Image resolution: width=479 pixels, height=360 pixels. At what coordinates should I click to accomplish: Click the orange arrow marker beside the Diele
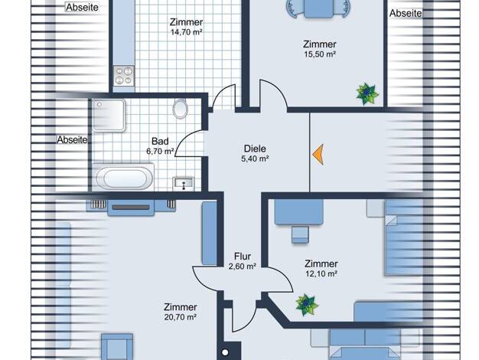[318, 155]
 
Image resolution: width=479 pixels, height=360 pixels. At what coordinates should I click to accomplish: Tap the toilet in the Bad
[181, 108]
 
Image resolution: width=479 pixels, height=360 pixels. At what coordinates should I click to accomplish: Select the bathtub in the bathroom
[123, 178]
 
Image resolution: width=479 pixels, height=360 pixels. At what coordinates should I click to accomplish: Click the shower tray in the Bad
[109, 116]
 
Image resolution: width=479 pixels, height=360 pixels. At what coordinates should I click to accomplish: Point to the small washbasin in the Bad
[184, 184]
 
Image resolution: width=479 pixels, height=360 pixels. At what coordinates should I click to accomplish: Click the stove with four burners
[124, 76]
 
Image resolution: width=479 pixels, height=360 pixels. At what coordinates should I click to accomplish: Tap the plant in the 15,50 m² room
[367, 93]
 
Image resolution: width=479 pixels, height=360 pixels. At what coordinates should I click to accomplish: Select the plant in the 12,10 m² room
[307, 304]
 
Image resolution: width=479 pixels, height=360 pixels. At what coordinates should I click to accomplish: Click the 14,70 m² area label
[187, 32]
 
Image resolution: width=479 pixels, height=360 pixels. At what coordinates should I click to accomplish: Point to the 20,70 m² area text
[181, 317]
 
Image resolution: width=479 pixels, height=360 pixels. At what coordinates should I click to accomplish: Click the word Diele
[255, 149]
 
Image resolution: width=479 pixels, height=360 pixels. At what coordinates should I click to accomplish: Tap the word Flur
[243, 257]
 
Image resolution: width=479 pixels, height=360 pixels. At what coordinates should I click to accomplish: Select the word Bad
[160, 141]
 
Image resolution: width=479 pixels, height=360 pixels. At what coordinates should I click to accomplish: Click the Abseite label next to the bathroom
[72, 139]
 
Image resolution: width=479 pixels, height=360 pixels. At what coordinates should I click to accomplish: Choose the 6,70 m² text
[160, 151]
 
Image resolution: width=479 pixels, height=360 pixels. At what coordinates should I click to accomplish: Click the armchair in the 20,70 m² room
[117, 347]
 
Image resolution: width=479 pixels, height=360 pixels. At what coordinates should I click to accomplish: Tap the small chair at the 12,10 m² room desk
[300, 234]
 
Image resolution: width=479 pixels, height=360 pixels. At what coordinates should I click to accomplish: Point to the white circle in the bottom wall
[225, 352]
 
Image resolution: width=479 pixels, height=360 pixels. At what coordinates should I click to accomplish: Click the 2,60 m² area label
[243, 267]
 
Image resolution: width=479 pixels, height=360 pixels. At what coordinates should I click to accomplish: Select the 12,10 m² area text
[321, 273]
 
